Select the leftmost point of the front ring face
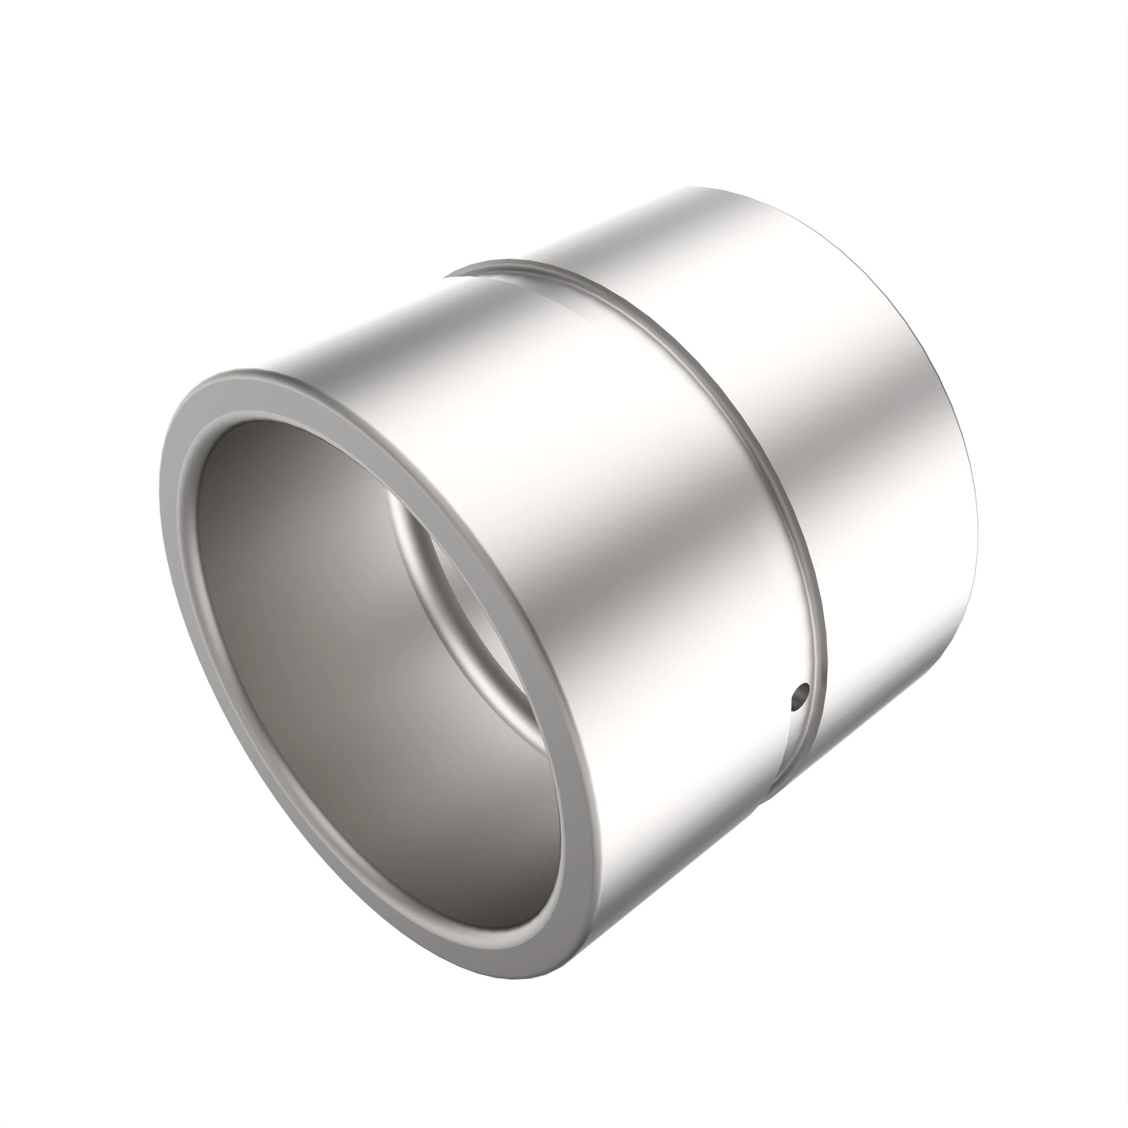click(160, 496)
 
